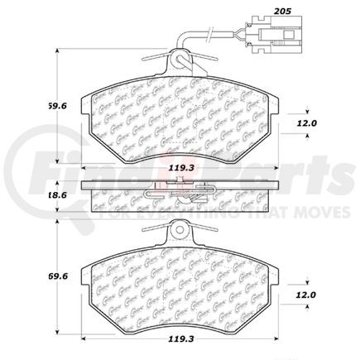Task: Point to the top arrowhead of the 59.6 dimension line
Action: [55, 51]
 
